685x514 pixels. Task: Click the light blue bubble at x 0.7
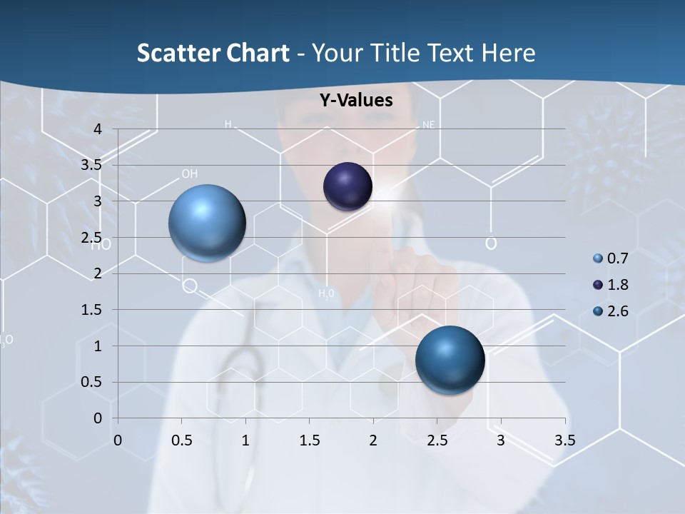coord(207,223)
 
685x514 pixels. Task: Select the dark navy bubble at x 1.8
coord(347,187)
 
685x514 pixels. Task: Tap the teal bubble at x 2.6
coord(450,360)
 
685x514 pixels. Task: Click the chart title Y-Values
coord(355,101)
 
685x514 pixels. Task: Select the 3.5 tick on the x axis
coord(564,440)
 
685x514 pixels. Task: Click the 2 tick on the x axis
coord(373,440)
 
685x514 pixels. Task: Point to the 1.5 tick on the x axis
coord(309,440)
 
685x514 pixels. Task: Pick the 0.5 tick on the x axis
coord(181,440)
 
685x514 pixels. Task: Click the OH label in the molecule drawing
coord(189,173)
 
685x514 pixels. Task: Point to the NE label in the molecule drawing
coord(428,124)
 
